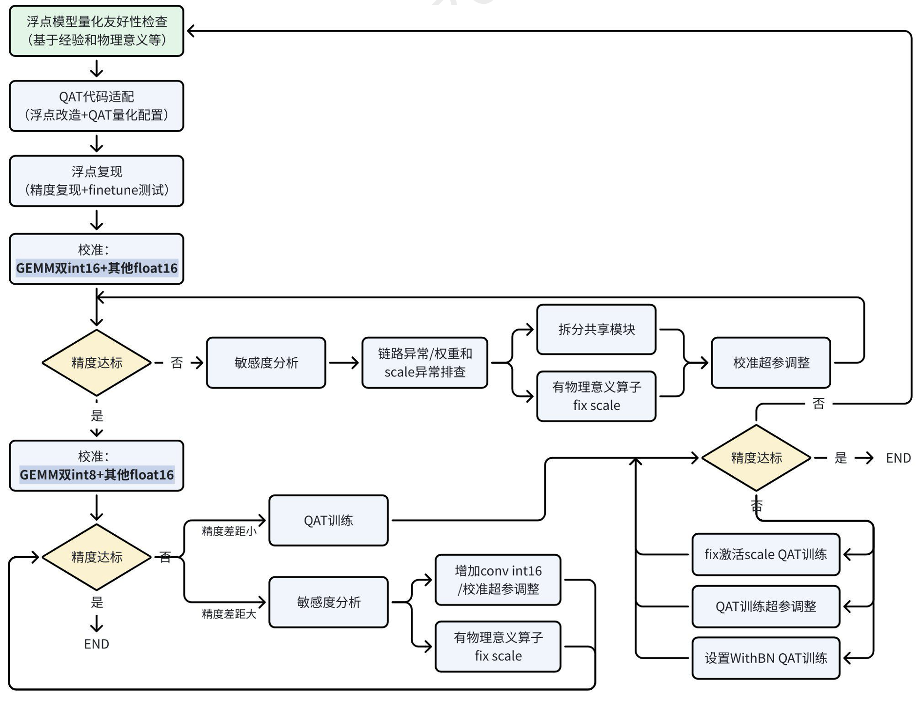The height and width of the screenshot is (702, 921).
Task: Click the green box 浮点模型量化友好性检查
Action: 97,31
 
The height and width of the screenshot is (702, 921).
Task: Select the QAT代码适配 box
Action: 97,106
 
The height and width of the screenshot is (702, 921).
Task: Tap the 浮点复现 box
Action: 97,181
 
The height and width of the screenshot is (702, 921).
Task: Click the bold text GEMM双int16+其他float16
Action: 97,268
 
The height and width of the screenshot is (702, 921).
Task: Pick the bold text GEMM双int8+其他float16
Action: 97,475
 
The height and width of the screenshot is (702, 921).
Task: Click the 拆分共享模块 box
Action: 596,330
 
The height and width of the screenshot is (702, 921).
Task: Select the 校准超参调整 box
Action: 771,363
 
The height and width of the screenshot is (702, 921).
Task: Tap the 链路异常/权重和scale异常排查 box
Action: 424,363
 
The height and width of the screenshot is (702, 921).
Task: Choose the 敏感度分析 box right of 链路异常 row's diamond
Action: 266,363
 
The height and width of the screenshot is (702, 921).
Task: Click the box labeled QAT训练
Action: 328,521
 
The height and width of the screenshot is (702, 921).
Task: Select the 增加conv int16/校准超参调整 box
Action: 498,580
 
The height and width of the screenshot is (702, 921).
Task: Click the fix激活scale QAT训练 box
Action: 765,554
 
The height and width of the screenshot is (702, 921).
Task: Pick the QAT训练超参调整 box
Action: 765,606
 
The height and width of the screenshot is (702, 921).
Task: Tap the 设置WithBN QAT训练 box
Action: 765,658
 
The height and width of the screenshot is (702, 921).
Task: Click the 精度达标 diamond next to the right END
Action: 756,458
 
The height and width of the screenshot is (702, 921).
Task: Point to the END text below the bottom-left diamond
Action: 97,644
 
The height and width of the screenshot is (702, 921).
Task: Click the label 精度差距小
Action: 229,531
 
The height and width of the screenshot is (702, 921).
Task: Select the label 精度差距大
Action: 229,614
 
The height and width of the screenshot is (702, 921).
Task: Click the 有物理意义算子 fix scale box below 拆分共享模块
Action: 596,396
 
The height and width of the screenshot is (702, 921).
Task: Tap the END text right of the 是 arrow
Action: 898,458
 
